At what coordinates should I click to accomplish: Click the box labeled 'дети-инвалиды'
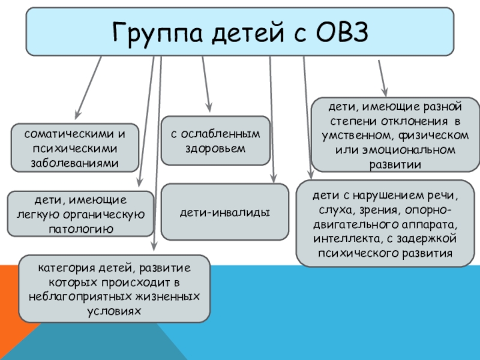[x=225, y=212]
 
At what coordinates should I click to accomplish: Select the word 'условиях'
[x=114, y=311]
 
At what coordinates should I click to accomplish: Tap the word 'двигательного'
[x=349, y=224]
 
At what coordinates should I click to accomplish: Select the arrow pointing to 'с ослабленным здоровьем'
[x=206, y=84]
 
